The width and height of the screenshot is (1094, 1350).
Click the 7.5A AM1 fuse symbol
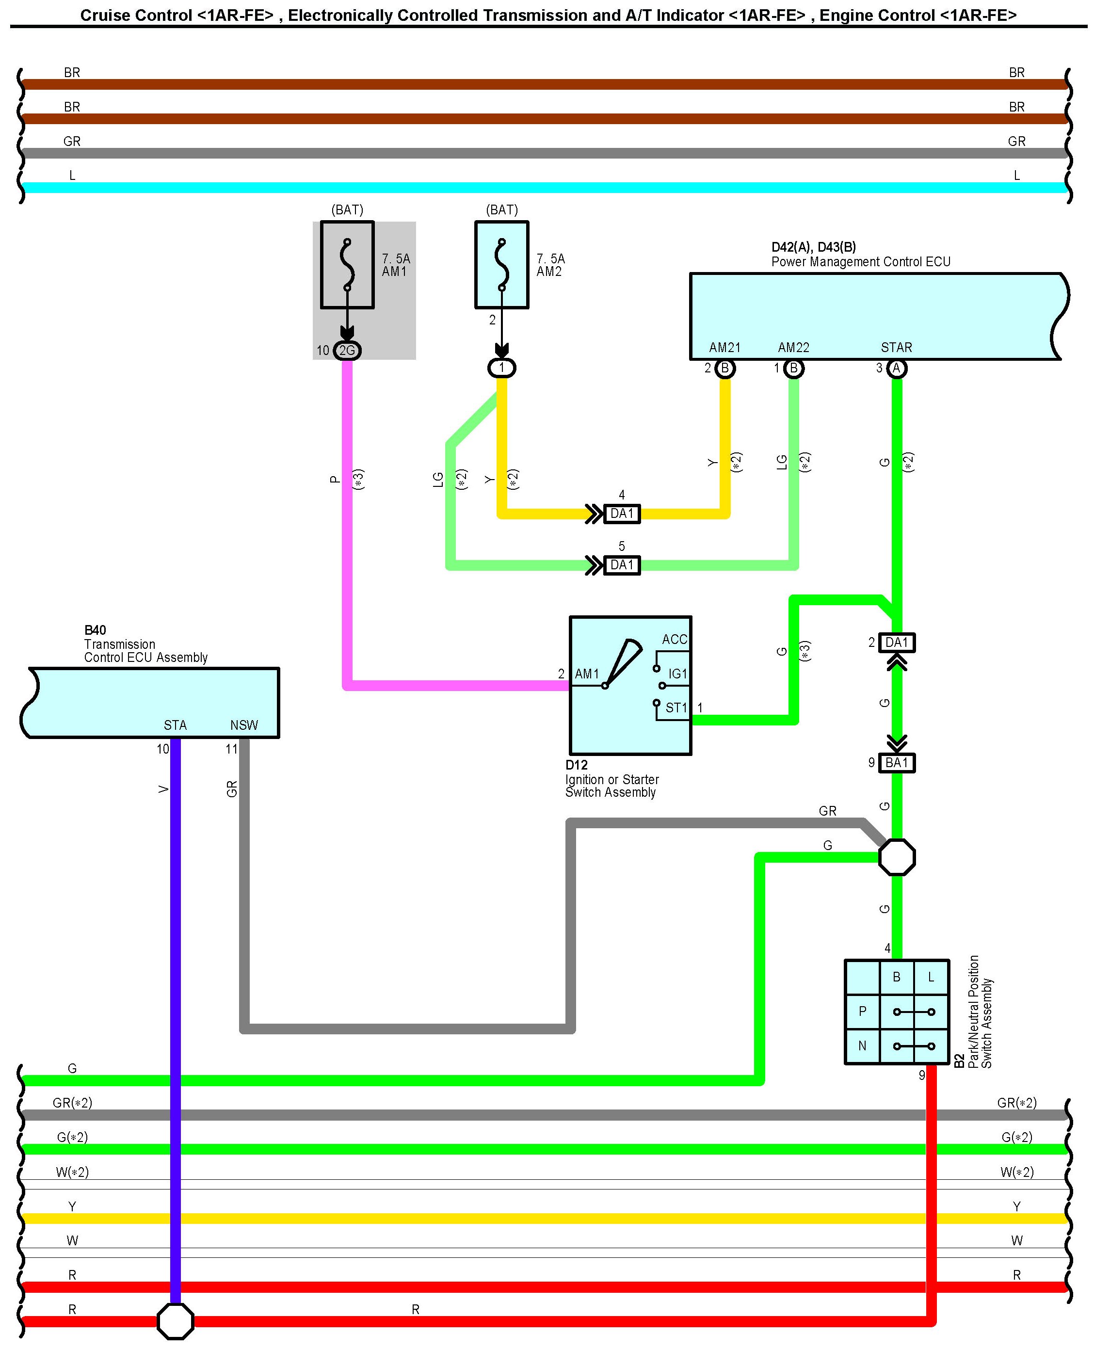[x=347, y=265]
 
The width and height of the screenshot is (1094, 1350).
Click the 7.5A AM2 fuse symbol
[x=501, y=265]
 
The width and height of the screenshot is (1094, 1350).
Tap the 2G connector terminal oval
[x=347, y=351]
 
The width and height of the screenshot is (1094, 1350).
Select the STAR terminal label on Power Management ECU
[x=896, y=348]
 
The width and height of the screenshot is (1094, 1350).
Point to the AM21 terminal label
[x=724, y=348]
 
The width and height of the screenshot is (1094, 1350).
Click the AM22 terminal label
[x=793, y=348]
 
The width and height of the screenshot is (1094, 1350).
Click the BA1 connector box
[x=897, y=763]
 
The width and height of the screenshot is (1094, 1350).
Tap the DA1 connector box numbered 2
[x=897, y=642]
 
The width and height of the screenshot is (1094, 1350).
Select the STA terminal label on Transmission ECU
[x=175, y=725]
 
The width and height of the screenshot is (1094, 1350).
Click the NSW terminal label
[x=244, y=725]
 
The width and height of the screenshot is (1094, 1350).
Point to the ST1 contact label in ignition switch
[x=676, y=708]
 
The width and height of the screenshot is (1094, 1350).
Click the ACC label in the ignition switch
[x=675, y=640]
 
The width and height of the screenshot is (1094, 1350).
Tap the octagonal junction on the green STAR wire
[x=897, y=857]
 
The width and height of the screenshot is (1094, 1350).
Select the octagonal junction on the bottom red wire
[x=175, y=1321]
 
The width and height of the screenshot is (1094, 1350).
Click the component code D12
[x=577, y=765]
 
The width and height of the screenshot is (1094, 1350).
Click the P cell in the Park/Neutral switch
[x=862, y=1012]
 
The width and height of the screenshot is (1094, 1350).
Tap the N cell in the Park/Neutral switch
[x=862, y=1046]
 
